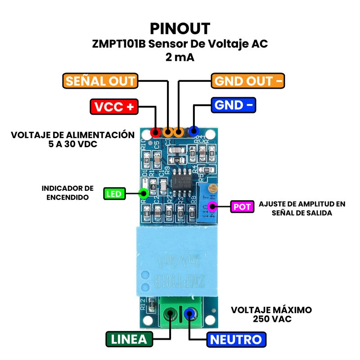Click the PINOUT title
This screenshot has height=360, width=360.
180,28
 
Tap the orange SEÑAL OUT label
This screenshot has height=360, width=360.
100,81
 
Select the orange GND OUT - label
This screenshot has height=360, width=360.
248,81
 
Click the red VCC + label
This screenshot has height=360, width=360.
114,107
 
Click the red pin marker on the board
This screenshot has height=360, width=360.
156,132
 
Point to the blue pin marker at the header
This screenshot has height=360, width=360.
194,131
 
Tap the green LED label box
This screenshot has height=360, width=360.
114,194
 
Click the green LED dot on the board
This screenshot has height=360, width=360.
144,194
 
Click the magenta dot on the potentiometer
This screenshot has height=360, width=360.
212,207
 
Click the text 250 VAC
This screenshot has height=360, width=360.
271,319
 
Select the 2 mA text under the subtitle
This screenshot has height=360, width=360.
180,58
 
